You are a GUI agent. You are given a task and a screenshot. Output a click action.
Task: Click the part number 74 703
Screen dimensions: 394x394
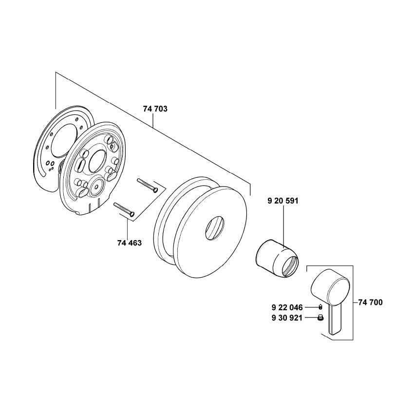point(155,109)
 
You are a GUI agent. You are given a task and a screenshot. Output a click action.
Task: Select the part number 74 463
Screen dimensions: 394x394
point(130,243)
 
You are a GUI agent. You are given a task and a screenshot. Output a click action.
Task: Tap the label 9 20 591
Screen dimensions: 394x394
point(283,201)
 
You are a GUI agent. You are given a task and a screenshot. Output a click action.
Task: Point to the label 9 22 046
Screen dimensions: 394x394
point(287,307)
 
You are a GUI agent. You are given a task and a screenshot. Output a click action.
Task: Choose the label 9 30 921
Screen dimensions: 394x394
point(287,318)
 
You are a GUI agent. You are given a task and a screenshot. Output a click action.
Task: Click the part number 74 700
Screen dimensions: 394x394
point(370,302)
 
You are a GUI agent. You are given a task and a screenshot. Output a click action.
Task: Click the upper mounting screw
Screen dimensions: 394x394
point(147,185)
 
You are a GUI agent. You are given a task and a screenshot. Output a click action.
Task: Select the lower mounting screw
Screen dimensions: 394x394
point(124,209)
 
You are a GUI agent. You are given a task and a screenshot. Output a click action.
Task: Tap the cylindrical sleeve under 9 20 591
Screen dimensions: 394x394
point(277,258)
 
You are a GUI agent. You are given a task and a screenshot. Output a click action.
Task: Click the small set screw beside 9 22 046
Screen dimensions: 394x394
point(320,307)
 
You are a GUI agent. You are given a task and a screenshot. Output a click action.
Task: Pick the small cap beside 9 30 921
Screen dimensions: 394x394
point(320,318)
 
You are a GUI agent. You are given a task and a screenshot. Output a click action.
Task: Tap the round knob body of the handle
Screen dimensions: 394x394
point(330,287)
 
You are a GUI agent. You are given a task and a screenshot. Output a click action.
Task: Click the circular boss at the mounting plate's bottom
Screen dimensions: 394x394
point(96,187)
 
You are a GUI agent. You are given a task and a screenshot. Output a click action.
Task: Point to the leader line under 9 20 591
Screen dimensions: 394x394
point(283,226)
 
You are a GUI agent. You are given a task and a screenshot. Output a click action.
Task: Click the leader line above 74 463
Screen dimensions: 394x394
point(128,229)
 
